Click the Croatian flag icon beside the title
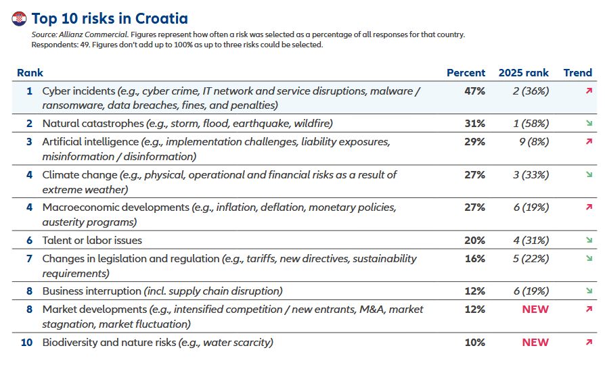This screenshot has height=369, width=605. (19, 18)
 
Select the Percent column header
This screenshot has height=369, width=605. (466, 73)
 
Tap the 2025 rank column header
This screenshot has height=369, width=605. (523, 73)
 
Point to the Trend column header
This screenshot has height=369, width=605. (577, 73)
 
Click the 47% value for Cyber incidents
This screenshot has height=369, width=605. (474, 91)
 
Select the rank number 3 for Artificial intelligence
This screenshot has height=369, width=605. (29, 142)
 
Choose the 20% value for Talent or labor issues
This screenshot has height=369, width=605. (474, 241)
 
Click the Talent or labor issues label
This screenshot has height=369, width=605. (92, 241)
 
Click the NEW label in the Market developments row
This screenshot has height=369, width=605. (535, 310)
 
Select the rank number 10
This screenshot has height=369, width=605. (27, 343)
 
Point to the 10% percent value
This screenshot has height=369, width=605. (474, 343)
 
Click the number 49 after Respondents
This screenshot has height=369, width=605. (85, 45)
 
